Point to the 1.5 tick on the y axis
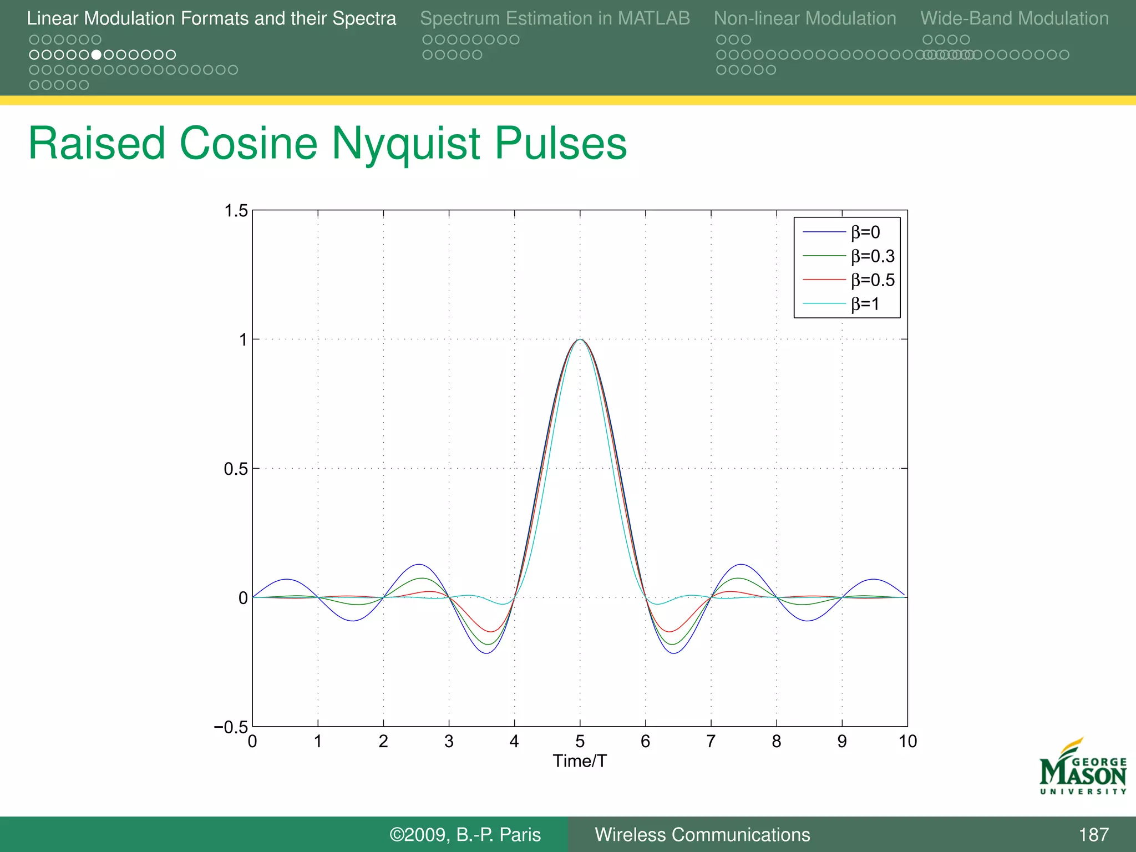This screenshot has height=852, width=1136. click(236, 211)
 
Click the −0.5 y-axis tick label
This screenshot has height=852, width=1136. click(231, 727)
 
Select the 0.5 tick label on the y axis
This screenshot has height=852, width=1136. click(236, 469)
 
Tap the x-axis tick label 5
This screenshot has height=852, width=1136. click(580, 741)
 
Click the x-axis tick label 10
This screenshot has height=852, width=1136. click(907, 741)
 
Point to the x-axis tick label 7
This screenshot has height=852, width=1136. click(711, 741)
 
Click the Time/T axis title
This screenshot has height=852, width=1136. click(580, 761)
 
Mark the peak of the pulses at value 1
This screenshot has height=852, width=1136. click(580, 339)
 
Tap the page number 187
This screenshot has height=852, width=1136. click(1093, 834)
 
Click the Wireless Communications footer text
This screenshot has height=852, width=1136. click(702, 834)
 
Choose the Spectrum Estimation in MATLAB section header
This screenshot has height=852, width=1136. click(555, 18)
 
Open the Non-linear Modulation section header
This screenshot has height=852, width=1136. click(805, 18)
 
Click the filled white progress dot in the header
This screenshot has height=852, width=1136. click(97, 55)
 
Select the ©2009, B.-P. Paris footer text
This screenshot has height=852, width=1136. click(465, 834)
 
